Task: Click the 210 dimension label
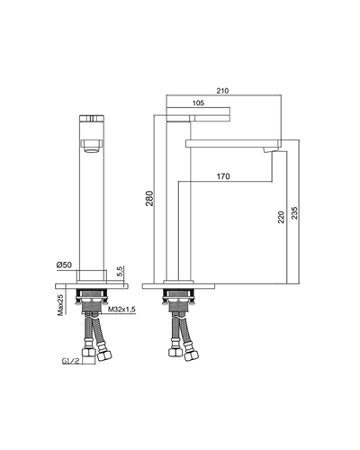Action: point(223,91)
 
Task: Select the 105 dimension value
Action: point(198,103)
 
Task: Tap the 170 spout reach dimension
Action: point(223,176)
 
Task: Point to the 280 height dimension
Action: point(149,198)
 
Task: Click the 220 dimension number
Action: point(281,217)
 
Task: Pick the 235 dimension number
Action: point(294,212)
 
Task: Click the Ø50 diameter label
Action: point(64,265)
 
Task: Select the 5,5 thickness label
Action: point(120,271)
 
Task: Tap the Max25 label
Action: point(60,304)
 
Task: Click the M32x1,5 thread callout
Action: point(120,310)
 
